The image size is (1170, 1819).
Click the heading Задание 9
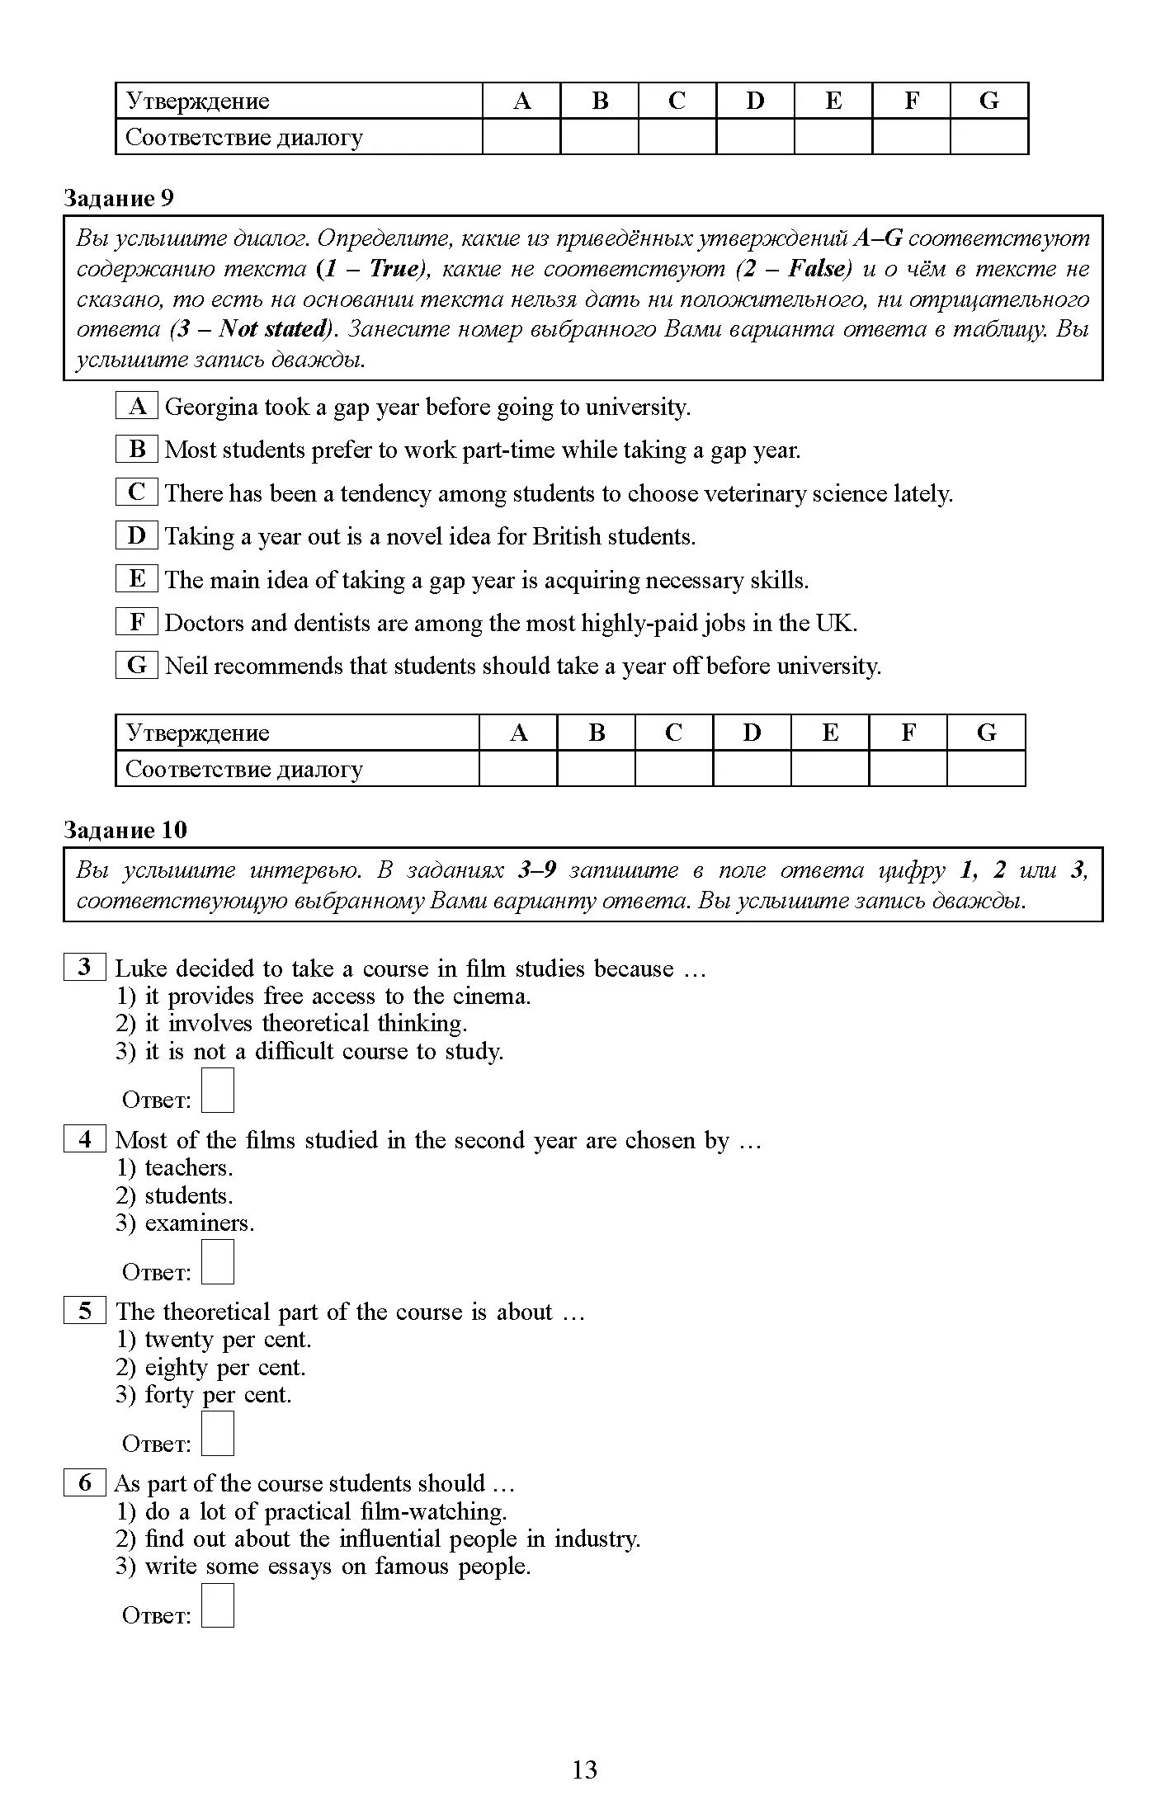coord(119,198)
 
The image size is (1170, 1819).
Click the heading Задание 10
coord(125,830)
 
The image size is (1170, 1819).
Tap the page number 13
coord(584,1770)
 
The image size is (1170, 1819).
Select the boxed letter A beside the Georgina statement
coord(137,406)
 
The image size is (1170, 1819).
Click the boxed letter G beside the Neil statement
coord(137,665)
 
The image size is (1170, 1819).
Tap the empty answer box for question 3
coord(218,1091)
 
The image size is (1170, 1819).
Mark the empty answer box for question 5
coord(218,1434)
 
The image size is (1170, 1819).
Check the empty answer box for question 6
coord(218,1605)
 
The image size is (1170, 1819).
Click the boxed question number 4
coord(85,1139)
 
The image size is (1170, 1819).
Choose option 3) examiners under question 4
coord(186,1223)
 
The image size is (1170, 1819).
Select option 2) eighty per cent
coord(211,1367)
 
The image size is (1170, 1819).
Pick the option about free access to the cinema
coord(323,996)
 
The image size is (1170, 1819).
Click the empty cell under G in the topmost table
coord(988,137)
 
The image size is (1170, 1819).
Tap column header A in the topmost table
coord(521,101)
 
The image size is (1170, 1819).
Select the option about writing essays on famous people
coord(323,1566)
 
